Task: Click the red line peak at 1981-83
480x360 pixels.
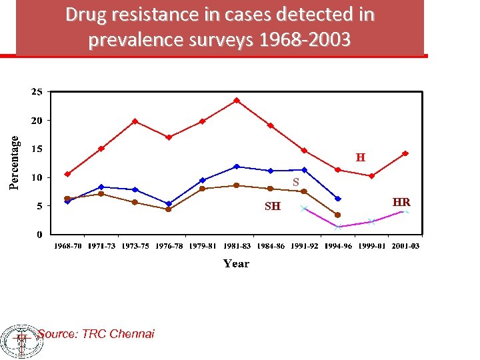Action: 237,101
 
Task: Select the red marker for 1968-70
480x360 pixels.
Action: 67,174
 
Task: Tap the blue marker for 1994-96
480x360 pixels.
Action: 338,199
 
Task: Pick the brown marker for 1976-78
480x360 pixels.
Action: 169,209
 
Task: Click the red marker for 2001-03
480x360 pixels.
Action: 405,153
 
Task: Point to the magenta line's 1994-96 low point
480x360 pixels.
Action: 338,227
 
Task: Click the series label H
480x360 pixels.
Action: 360,158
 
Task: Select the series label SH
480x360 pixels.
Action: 272,207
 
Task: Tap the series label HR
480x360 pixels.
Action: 401,202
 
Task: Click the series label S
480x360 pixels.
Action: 296,182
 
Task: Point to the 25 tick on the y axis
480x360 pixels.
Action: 37,91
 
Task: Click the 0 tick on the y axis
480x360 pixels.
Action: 40,235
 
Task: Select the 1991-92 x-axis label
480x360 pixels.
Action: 305,247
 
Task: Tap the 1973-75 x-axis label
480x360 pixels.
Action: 135,247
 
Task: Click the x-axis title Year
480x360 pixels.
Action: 236,263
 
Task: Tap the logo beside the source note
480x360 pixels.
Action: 21,341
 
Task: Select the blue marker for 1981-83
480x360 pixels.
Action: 237,167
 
